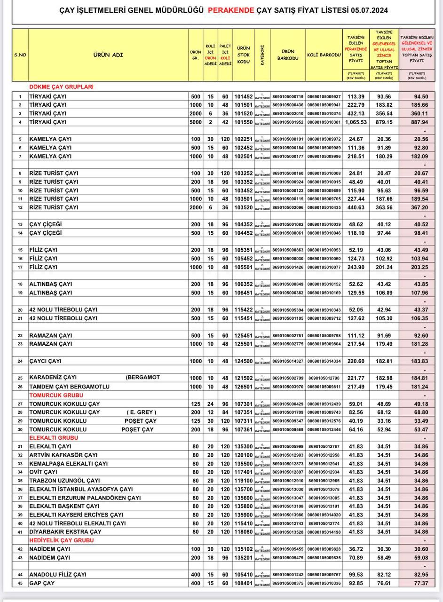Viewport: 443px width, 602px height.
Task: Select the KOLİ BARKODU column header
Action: (x=324, y=55)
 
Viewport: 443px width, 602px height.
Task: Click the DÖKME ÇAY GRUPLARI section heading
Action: (x=61, y=87)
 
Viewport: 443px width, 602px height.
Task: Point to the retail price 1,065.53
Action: (x=355, y=122)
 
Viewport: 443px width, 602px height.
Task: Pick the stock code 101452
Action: (x=244, y=96)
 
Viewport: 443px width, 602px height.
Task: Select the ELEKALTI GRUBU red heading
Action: (x=53, y=438)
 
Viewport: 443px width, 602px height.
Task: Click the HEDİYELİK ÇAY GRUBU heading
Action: (x=62, y=540)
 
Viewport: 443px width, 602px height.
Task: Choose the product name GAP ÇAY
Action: (x=42, y=583)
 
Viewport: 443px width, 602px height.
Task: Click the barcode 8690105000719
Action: (x=288, y=96)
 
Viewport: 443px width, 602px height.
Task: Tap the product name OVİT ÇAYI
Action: (x=43, y=472)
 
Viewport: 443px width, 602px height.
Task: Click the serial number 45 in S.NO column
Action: (x=20, y=583)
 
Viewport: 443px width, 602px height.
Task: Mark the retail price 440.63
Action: (x=355, y=207)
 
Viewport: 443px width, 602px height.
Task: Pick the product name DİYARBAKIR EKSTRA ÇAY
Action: (x=64, y=532)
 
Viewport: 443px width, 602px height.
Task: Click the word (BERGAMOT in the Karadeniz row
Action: (x=143, y=378)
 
